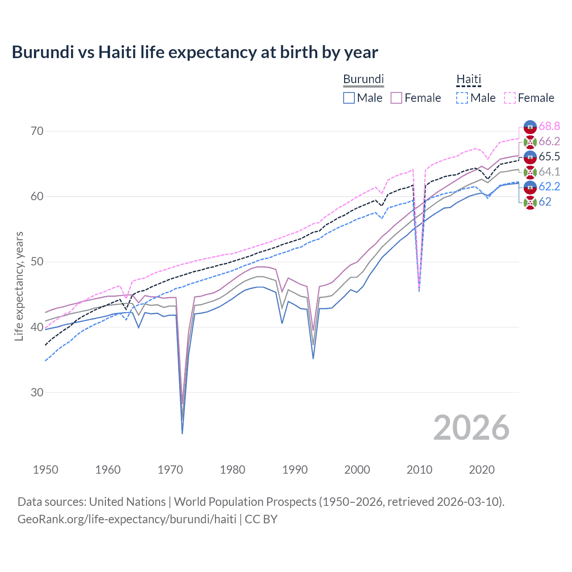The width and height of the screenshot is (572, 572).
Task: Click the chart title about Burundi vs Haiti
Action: (x=195, y=52)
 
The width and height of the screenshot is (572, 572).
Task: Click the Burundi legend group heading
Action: (x=363, y=79)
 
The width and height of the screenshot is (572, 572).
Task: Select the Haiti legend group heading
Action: (x=468, y=79)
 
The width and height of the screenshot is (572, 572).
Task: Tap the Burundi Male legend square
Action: (x=349, y=98)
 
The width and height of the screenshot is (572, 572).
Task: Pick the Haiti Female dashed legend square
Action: (x=510, y=98)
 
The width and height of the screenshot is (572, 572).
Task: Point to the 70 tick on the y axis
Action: (x=37, y=131)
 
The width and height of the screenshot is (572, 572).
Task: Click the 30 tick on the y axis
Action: (x=37, y=392)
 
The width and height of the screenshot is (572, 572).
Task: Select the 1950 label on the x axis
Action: (x=46, y=470)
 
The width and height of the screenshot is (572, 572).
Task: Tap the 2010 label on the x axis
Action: (x=419, y=470)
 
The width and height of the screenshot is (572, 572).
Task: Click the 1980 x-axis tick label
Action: (x=232, y=470)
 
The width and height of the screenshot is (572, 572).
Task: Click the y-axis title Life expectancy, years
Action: (x=19, y=286)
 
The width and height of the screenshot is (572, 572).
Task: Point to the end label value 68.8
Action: (x=549, y=126)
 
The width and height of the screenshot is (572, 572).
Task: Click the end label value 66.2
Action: (x=549, y=142)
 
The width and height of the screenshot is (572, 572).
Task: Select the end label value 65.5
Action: (x=549, y=156)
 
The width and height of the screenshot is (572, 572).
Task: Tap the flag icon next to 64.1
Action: (x=530, y=172)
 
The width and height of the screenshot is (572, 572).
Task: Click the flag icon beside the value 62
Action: (x=530, y=202)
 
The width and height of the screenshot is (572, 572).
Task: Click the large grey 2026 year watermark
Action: (x=471, y=428)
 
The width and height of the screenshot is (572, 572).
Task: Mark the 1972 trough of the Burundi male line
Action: (x=182, y=433)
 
